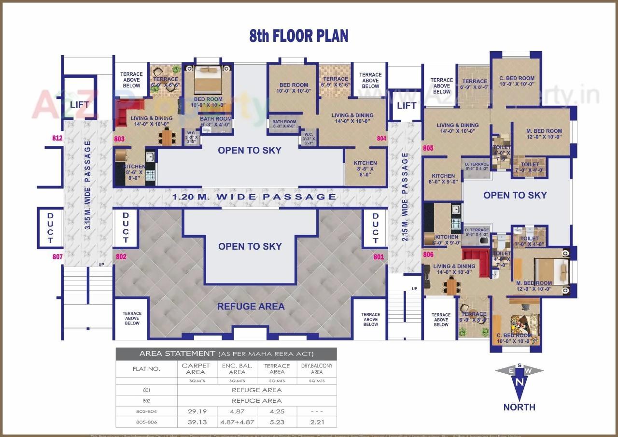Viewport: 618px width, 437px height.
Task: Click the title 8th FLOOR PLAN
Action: point(298,36)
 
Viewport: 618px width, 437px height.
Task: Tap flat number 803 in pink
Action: point(119,139)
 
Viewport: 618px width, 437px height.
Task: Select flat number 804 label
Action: point(381,139)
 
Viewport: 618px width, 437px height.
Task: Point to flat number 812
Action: point(57,139)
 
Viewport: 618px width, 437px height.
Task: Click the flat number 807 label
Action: point(57,257)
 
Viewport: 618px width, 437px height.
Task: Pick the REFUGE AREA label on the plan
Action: point(251,306)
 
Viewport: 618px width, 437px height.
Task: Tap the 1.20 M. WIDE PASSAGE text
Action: point(254,197)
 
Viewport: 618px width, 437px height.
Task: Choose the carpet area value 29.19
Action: point(197,411)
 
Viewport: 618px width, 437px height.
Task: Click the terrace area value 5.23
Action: point(277,422)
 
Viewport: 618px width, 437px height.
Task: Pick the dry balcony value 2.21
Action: point(316,422)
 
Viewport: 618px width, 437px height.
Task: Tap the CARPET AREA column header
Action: point(196,369)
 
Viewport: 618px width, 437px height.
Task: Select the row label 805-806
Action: point(146,422)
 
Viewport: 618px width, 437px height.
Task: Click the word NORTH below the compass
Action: point(519,407)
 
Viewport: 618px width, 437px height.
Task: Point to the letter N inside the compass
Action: point(519,382)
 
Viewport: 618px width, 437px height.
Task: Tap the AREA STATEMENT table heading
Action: point(177,353)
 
